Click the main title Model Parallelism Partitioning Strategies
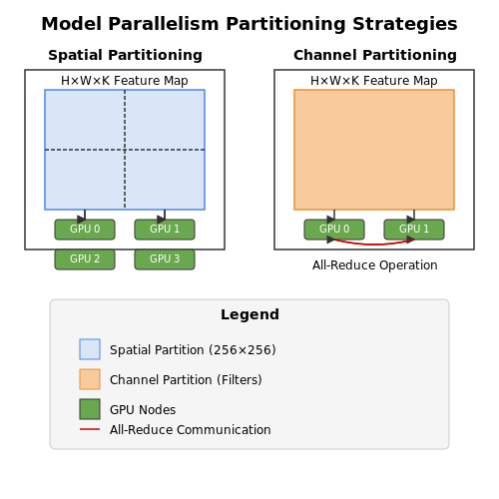coord(249,24)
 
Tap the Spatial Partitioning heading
coord(125,55)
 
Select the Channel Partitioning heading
coord(375,55)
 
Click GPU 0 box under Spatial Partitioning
coord(85,230)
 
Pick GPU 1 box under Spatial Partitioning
coord(165,230)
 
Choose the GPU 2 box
coord(85,259)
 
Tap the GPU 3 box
coord(165,259)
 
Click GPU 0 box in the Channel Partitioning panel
coord(334,230)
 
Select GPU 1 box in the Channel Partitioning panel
coord(414,230)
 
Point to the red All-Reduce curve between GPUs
coord(374,245)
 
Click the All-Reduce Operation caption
coord(375,265)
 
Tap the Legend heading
coord(249,314)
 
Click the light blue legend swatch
coord(90,349)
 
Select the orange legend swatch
coord(90,379)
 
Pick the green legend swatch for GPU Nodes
coord(90,409)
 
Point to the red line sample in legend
coord(90,429)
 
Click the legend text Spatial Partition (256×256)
coord(193,350)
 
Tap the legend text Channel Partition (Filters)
coord(186,380)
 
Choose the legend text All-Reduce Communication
coord(191,430)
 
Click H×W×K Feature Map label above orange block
coord(374,81)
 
